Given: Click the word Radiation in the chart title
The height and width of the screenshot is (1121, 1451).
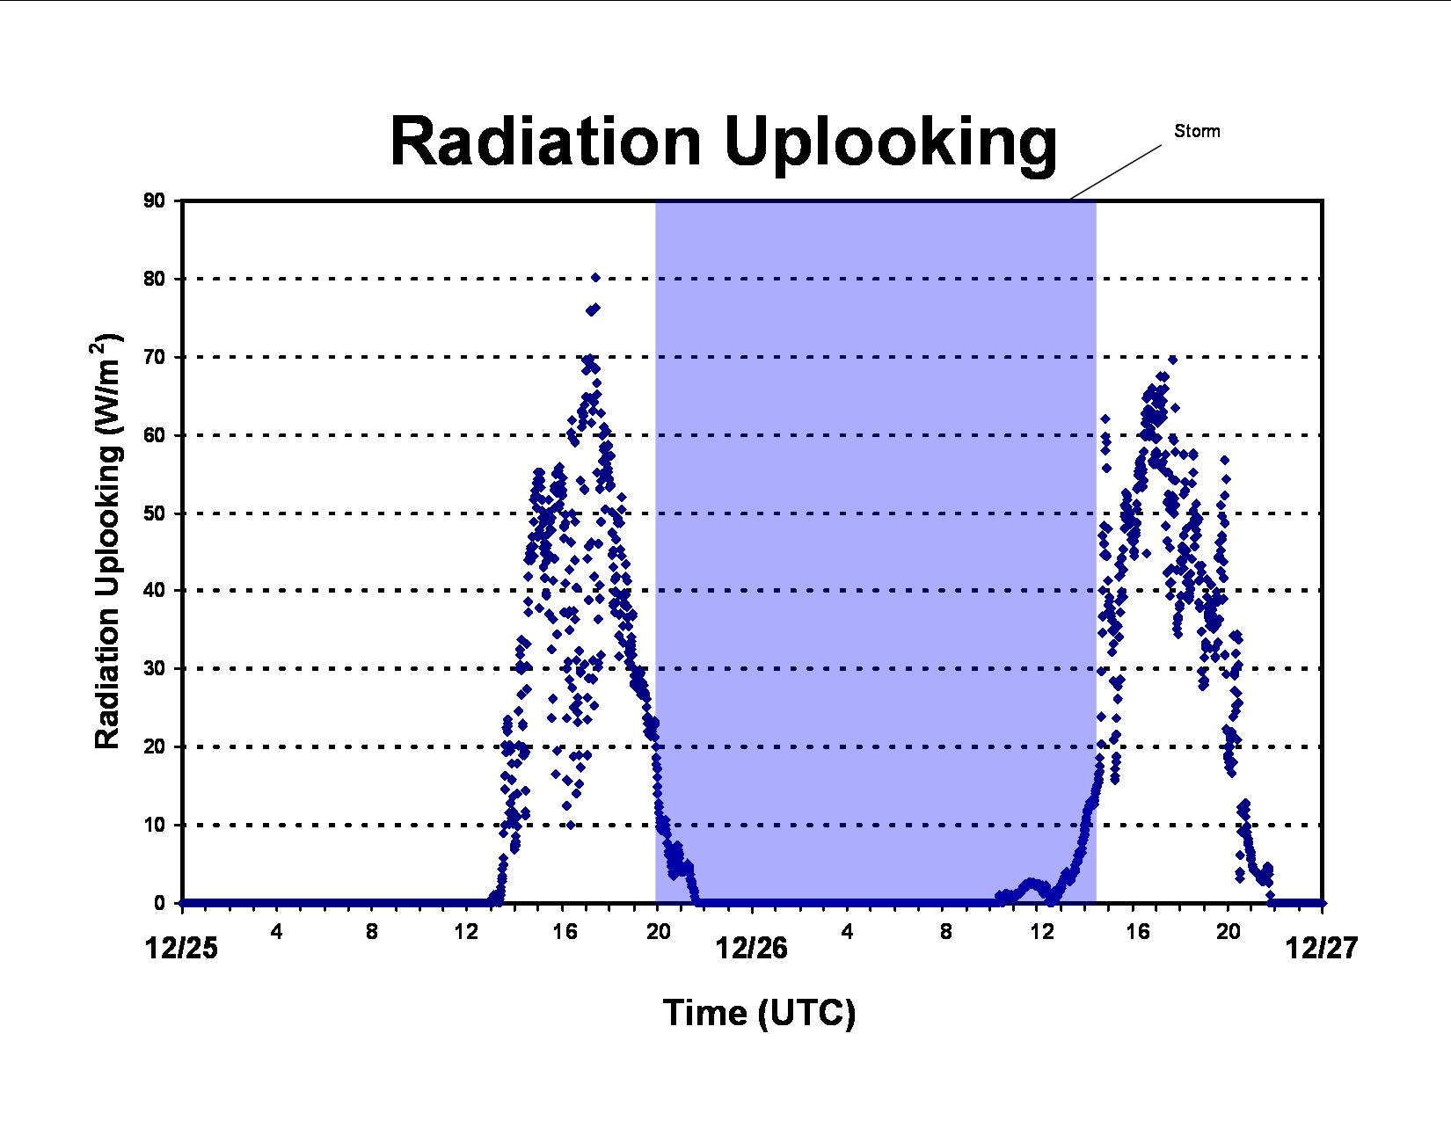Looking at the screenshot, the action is [545, 142].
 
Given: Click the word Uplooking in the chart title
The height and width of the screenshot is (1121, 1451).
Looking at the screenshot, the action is [891, 147].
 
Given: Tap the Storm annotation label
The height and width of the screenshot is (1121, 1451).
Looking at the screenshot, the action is [1197, 132].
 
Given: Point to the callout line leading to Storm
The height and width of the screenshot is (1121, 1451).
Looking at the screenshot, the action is [1115, 172].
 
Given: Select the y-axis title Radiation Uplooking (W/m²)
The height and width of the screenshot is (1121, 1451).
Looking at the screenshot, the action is [107, 540].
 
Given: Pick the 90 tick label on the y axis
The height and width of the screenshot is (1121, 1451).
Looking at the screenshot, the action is [154, 200].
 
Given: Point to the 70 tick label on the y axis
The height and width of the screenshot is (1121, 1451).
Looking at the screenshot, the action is [154, 357].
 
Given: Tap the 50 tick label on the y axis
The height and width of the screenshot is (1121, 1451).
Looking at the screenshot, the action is [154, 513].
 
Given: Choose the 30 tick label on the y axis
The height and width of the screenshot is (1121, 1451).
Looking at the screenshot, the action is [154, 668].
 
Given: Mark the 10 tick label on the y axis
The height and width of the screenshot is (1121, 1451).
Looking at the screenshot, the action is [154, 826].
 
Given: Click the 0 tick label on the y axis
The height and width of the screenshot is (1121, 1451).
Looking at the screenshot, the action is [159, 903].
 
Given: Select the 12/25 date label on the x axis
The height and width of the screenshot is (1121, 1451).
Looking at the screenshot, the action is [182, 948].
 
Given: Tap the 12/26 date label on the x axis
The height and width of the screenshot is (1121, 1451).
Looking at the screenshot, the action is [752, 948].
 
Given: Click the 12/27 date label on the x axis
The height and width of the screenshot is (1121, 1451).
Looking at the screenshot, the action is [1322, 948].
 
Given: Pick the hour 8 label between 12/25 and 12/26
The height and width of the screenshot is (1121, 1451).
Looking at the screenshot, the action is [372, 931].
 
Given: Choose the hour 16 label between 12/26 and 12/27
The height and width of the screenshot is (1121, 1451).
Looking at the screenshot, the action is [1138, 931].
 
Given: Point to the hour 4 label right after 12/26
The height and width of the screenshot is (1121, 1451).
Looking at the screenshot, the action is [848, 931].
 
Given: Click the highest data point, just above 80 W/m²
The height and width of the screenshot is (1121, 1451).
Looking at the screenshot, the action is [595, 277].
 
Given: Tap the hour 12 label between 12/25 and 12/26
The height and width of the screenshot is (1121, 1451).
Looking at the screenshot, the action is [466, 931].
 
